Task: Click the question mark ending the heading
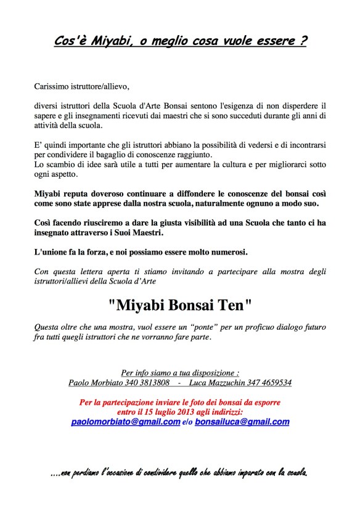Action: (303, 42)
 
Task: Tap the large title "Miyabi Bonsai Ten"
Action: (180, 304)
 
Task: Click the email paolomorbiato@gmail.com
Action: (125, 422)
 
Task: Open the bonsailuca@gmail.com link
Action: (242, 422)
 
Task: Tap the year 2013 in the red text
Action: (182, 412)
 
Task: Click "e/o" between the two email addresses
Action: (187, 423)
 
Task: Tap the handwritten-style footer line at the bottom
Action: (179, 473)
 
